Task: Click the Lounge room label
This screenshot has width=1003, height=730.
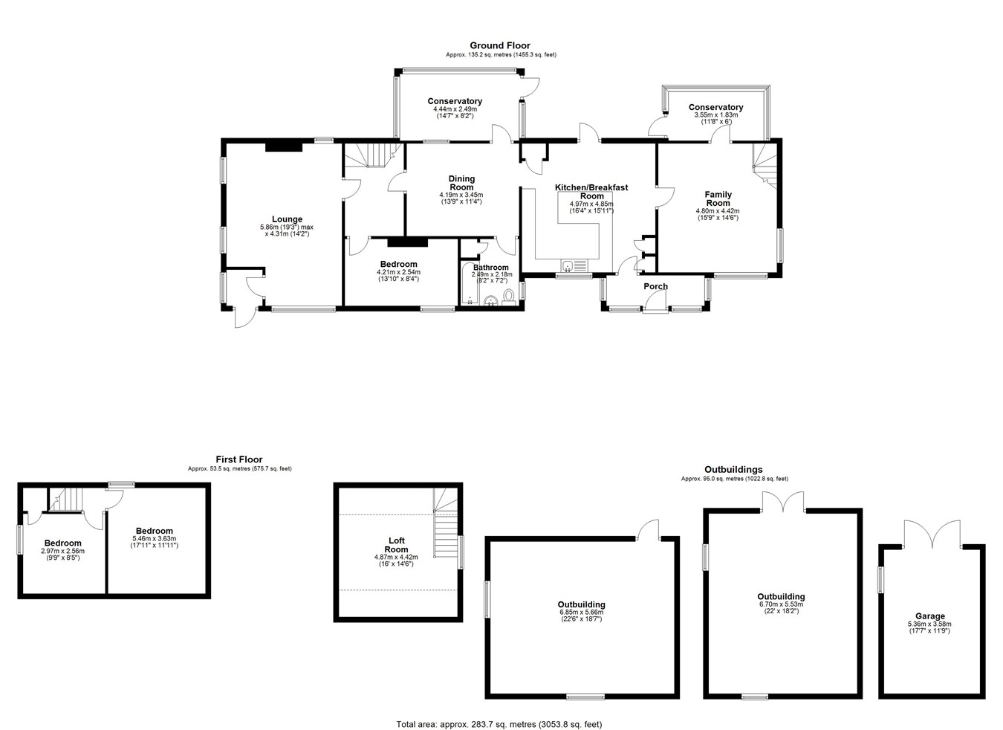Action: [x=287, y=219]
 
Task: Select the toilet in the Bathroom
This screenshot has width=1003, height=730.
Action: [x=508, y=297]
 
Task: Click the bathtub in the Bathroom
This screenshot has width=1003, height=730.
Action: [x=470, y=284]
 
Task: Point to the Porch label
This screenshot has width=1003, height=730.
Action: [x=655, y=286]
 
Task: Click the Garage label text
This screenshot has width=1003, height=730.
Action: [x=929, y=616]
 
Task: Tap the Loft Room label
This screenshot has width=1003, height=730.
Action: [x=396, y=545]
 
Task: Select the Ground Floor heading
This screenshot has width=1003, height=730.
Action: [x=500, y=45]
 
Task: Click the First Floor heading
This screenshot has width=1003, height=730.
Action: [x=239, y=459]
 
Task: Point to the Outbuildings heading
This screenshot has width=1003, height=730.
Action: [x=733, y=470]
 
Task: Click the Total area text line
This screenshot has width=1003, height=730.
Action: [x=499, y=711]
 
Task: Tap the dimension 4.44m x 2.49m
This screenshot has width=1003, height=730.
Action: [x=455, y=109]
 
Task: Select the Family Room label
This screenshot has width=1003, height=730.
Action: [x=718, y=198]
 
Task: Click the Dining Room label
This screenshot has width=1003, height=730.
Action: [x=461, y=183]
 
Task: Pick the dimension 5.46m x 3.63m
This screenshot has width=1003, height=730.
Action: [x=154, y=539]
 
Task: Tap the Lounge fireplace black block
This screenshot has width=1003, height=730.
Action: [x=284, y=146]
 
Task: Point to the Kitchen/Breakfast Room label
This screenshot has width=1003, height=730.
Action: [x=591, y=192]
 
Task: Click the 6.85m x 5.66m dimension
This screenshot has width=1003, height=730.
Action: [x=581, y=612]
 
